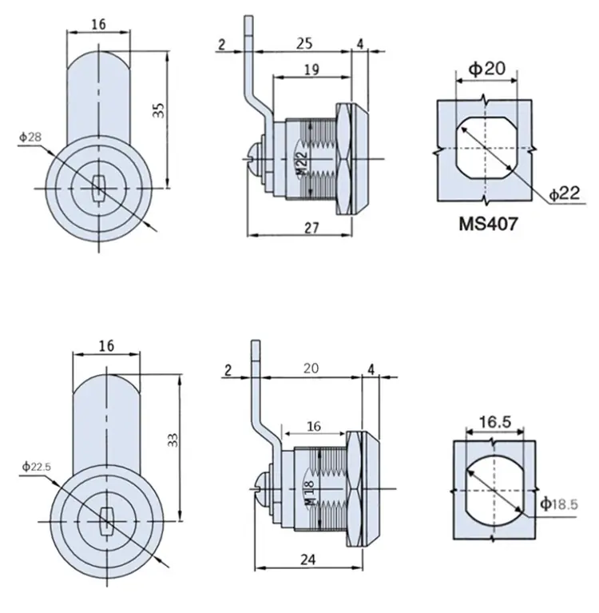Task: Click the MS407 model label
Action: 488,224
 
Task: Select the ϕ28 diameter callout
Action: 30,137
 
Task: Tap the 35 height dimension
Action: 159,110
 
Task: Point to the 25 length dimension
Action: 304,43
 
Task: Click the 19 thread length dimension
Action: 311,70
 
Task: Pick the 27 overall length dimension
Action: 311,228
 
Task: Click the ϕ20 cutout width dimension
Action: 487,69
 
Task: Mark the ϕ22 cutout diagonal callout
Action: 564,194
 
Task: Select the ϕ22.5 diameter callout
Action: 37,467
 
